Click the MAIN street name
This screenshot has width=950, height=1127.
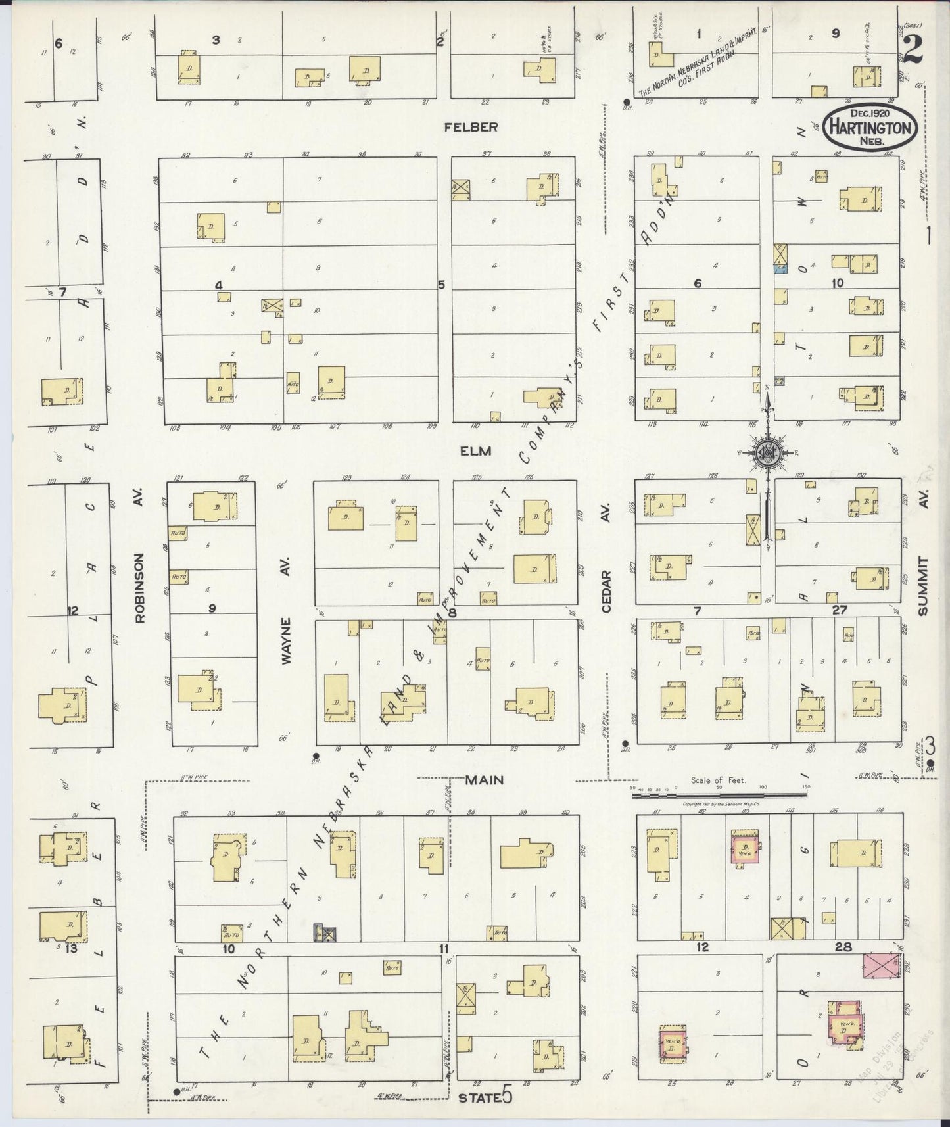click(485, 780)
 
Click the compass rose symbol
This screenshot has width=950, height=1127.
click(767, 452)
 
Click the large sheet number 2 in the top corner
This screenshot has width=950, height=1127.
click(913, 49)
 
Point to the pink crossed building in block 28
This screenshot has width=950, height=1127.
click(882, 966)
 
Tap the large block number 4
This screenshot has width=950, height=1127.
click(219, 285)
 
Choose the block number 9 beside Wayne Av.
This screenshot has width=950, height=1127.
click(212, 608)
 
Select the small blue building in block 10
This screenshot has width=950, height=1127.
click(780, 269)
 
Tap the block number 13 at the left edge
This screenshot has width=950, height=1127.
click(70, 948)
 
